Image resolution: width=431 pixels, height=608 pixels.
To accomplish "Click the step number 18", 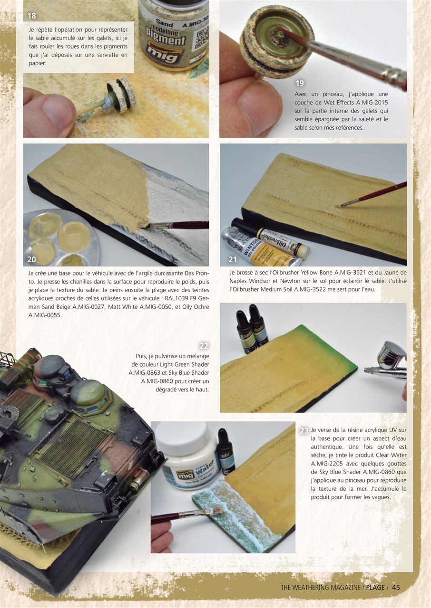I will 32,16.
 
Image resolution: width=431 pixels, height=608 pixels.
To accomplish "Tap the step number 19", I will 299,84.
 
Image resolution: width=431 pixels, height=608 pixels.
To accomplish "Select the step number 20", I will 32,260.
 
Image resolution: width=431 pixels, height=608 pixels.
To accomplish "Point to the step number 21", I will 232,260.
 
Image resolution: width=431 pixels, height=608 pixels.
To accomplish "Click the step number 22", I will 204,346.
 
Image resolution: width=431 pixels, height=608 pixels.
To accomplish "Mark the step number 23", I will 304,431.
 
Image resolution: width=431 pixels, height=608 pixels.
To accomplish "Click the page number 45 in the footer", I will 396,588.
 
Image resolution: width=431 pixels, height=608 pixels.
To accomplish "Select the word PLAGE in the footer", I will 375,588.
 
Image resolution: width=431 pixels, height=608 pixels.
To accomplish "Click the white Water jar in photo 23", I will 188,456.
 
